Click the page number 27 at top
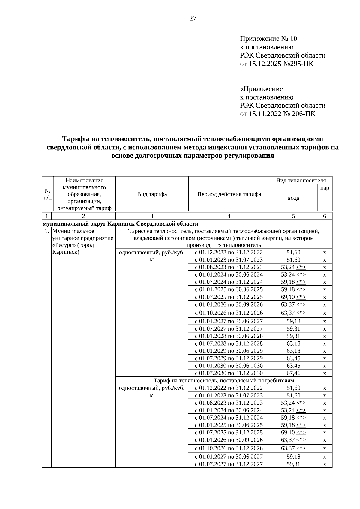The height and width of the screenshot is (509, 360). (193, 19)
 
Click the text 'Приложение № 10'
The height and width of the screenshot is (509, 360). (268, 39)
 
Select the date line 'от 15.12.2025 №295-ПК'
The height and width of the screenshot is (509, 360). (277, 64)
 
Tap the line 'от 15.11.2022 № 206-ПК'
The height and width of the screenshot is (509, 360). (277, 114)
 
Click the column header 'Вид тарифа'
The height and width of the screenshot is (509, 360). (152, 194)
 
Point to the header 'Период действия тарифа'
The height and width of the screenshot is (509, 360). (229, 194)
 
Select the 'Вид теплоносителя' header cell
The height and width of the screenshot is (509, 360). (301, 180)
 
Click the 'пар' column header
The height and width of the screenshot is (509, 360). (324, 188)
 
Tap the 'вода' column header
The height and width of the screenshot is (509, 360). (293, 198)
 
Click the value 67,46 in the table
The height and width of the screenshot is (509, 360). (293, 373)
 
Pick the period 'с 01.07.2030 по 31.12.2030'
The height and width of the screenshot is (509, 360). (229, 373)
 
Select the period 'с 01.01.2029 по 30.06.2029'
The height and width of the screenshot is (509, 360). (229, 351)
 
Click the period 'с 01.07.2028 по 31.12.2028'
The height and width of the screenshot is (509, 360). (229, 343)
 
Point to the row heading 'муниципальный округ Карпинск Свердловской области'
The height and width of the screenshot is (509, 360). (121, 223)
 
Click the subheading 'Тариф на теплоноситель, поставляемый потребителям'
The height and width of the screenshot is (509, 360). (224, 380)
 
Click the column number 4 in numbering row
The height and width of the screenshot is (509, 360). (229, 216)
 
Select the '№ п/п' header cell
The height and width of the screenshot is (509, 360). (47, 194)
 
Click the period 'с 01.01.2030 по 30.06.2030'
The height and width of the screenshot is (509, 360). (229, 365)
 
